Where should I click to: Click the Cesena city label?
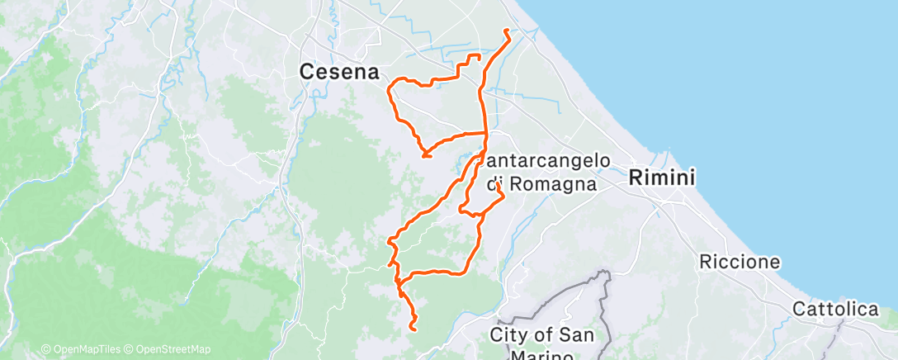tap(338, 73)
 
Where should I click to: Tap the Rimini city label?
tap(662, 177)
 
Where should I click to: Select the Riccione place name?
tap(740, 263)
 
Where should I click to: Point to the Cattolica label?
tap(835, 309)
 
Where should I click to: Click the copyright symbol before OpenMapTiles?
tap(46, 350)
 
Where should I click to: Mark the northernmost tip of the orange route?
tap(504, 31)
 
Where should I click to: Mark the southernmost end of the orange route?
tap(411, 329)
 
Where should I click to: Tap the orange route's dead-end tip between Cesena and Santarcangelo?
tap(424, 155)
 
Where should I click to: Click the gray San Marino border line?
tap(608, 297)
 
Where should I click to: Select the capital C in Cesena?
tap(306, 73)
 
